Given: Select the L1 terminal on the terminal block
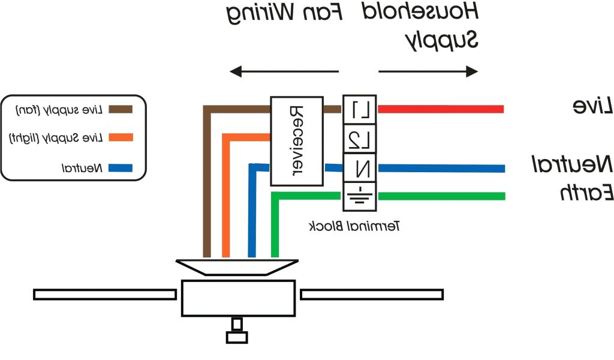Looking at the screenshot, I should (359, 109).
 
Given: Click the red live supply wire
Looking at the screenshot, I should (441, 109).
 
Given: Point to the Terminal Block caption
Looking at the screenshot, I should (354, 226).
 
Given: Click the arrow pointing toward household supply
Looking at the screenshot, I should (428, 72).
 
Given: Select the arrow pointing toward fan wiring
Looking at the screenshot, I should (285, 72).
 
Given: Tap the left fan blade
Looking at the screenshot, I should (105, 294).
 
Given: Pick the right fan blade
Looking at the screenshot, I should (372, 294).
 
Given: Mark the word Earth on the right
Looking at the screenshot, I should (586, 193).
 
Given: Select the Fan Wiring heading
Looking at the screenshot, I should (285, 13).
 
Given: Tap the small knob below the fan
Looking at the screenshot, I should (237, 337).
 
